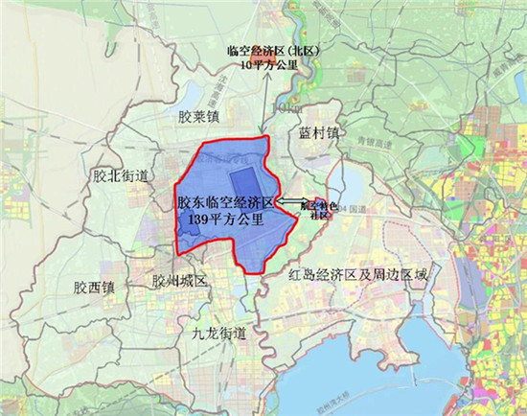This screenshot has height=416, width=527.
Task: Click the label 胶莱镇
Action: [x=199, y=116]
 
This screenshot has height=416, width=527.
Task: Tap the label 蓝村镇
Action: [x=318, y=133]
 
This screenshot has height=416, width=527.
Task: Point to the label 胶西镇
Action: [x=92, y=286]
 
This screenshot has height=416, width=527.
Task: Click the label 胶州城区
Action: [x=179, y=282]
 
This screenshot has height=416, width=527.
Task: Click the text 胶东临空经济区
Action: [x=225, y=203]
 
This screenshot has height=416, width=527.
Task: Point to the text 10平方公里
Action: [x=272, y=66]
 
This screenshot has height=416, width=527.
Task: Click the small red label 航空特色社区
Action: [x=314, y=209]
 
